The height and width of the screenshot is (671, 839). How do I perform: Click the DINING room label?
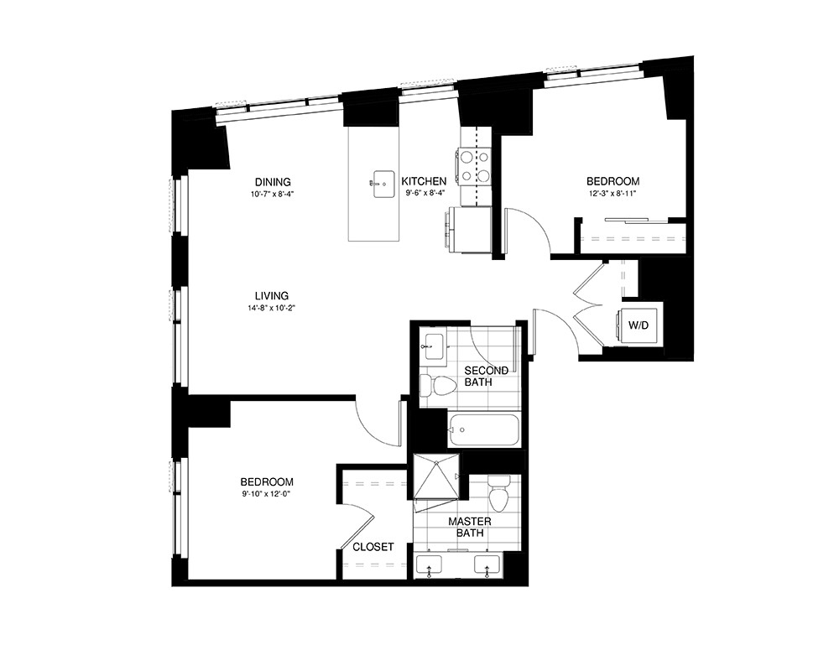[x=273, y=182]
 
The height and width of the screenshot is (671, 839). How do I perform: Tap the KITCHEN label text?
[x=424, y=181]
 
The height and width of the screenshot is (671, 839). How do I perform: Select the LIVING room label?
[x=273, y=296]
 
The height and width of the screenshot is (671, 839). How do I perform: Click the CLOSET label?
[x=373, y=547]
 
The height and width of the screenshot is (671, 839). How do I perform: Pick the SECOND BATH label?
[x=487, y=377]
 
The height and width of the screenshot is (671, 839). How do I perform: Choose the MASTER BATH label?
[x=470, y=527]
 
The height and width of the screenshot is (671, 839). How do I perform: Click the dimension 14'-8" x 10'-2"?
[x=273, y=308]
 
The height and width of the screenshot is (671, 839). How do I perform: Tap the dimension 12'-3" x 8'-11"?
[x=612, y=194]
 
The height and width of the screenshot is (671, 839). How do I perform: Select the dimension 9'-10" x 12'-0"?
[x=267, y=494]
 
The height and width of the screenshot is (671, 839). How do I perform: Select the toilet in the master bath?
[x=499, y=496]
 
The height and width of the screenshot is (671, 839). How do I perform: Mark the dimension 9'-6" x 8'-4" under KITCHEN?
[x=424, y=194]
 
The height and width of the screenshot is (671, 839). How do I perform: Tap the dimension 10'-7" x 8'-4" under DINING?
[x=273, y=194]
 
